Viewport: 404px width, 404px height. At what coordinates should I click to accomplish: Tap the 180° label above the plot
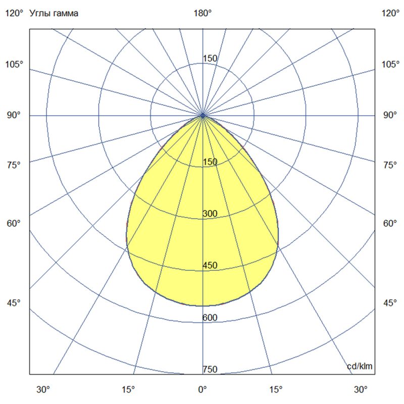(203, 14)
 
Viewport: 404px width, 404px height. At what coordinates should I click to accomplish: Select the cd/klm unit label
(360, 366)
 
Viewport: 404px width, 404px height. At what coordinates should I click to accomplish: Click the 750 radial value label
(210, 370)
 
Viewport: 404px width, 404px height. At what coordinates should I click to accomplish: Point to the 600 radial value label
(210, 318)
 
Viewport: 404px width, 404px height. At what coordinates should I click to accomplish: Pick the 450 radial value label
(210, 266)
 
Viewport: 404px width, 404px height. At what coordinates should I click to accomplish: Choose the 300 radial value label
(210, 214)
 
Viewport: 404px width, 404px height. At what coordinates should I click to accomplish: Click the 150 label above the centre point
(210, 59)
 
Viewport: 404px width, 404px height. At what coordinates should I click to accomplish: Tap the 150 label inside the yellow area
(210, 162)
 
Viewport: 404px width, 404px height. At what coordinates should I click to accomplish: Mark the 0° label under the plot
(203, 389)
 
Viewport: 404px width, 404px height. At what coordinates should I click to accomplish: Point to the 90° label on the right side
(390, 115)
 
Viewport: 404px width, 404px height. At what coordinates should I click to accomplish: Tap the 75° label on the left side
(14, 165)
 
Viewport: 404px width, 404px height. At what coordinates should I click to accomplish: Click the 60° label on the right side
(390, 223)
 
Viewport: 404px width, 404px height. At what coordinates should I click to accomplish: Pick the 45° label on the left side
(14, 303)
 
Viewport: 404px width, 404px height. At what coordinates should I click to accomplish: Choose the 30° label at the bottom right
(361, 389)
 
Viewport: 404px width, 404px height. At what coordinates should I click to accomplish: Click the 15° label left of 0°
(128, 389)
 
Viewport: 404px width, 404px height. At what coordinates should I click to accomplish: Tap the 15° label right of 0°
(276, 389)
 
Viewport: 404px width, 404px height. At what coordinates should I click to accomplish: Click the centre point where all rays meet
(203, 116)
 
